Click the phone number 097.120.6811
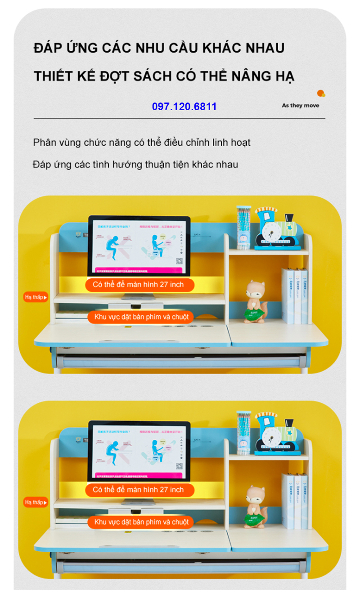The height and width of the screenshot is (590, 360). click(184, 107)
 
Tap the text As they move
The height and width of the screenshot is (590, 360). click(301, 106)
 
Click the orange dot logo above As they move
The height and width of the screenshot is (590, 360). click(321, 94)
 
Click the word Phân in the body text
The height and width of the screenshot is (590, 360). click(45, 143)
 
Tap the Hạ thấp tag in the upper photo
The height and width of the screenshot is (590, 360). click(36, 297)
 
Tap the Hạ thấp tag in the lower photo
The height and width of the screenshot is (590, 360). click(36, 502)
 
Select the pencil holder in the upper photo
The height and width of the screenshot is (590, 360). click(243, 227)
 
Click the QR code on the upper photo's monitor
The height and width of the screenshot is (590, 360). click(179, 261)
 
